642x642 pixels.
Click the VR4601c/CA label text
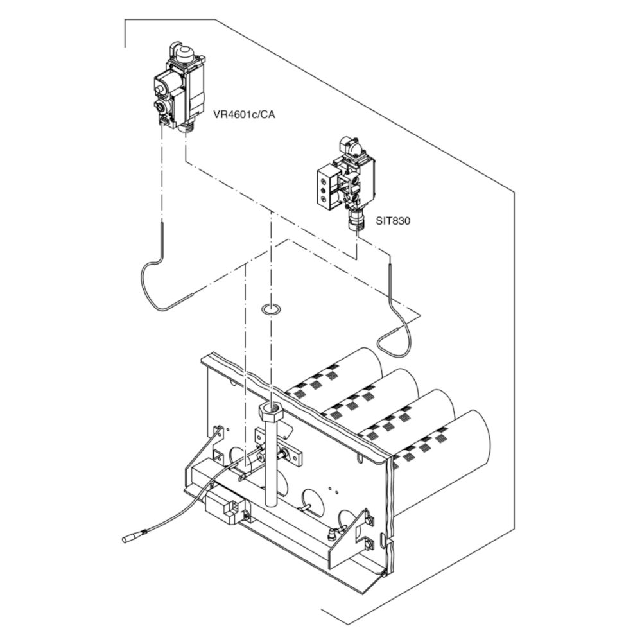click(244, 115)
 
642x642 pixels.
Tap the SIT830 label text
click(393, 221)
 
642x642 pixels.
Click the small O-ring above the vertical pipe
click(271, 309)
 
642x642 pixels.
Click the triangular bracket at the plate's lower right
click(348, 541)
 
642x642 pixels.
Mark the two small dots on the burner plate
click(333, 490)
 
